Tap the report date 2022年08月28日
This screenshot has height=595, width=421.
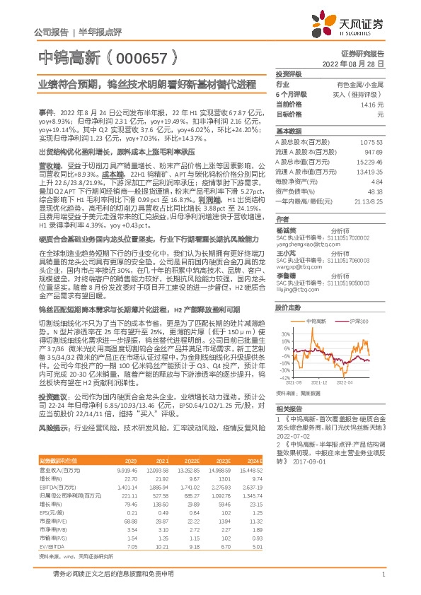click(358, 63)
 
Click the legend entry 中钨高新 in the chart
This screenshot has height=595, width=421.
click(316, 321)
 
